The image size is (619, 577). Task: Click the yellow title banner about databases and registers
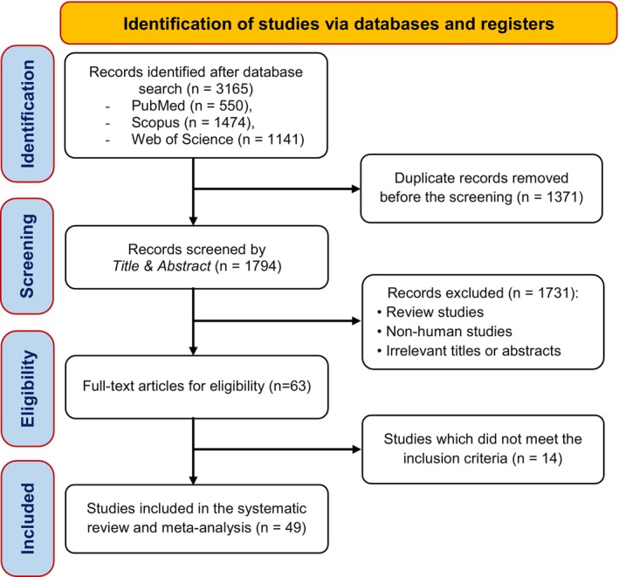click(x=339, y=24)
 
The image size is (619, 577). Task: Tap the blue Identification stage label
click(x=28, y=113)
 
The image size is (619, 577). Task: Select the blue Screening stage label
click(x=28, y=256)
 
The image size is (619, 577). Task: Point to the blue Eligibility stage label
click(x=28, y=388)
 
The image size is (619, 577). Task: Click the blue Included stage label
click(x=28, y=519)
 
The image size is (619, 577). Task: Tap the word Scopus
click(x=155, y=123)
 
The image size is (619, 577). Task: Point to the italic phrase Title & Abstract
click(x=162, y=266)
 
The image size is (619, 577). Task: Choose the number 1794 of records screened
click(x=260, y=266)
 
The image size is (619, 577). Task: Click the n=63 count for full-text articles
click(x=290, y=386)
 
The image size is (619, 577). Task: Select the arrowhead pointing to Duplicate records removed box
click(x=355, y=189)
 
